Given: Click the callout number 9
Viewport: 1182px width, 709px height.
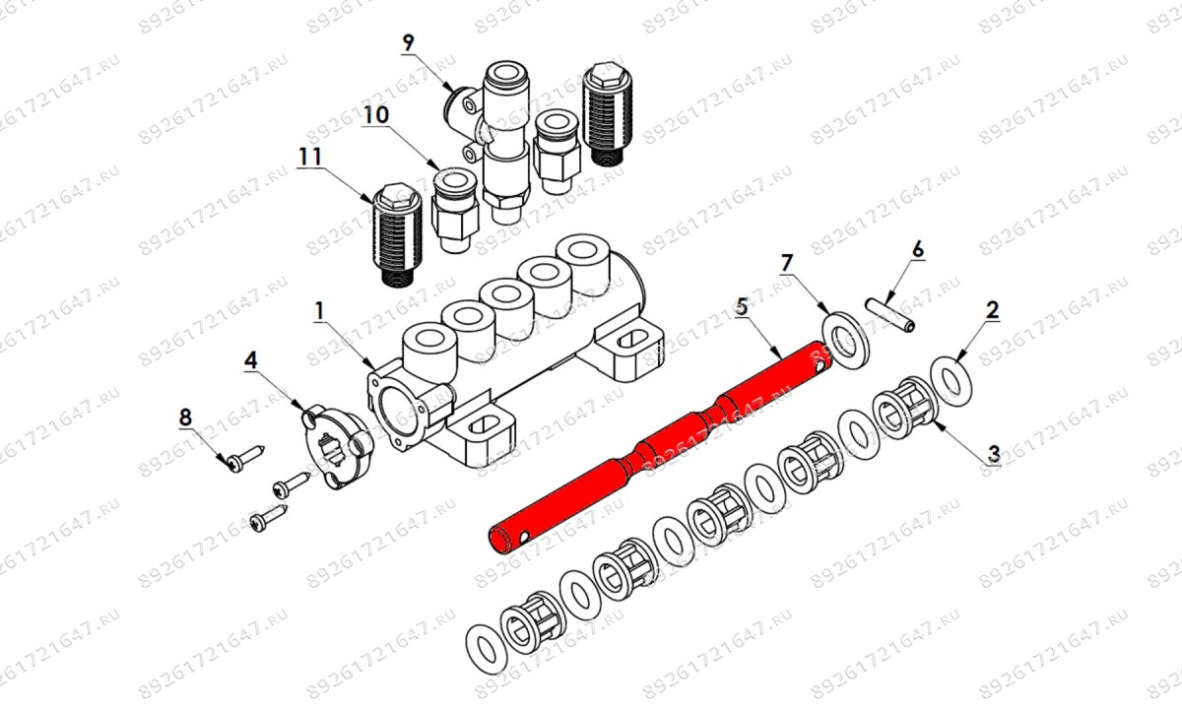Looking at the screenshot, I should (409, 42).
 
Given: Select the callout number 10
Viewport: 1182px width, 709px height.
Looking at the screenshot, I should (374, 115).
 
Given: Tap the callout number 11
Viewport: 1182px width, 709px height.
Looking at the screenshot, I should (310, 157).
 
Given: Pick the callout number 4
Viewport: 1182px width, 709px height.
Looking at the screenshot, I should (252, 360).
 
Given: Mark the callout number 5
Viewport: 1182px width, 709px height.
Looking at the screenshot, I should (742, 307).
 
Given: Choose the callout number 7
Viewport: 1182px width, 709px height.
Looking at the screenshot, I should (786, 263).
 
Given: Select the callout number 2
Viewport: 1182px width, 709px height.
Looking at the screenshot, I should (993, 309).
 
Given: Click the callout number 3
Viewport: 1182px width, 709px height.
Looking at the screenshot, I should (994, 454).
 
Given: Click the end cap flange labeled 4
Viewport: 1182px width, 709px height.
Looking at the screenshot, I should (339, 442).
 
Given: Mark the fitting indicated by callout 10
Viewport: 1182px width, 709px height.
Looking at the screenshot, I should (455, 208).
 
